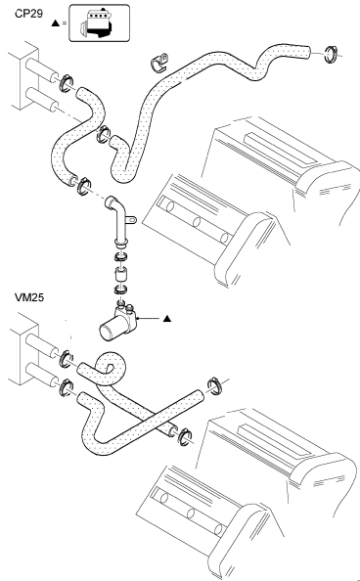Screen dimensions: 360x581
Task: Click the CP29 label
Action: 28,14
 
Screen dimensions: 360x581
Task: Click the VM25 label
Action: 29,297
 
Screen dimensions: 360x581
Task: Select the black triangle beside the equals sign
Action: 55,22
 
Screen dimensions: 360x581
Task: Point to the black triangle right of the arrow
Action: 167,318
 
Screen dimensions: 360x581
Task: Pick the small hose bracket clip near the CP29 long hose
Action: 159,63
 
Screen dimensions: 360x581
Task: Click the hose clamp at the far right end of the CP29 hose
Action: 331,54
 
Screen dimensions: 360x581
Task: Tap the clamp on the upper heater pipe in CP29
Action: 67,83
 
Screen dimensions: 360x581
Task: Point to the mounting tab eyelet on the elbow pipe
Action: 132,221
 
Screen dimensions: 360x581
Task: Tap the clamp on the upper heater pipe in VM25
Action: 67,359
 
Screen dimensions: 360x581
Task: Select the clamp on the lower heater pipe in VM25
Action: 66,388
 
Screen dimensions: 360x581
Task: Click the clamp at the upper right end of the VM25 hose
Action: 214,386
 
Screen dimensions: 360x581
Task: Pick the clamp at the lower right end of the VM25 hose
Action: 184,436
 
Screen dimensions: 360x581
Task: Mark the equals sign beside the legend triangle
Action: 65,22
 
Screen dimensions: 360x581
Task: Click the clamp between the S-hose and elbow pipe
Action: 84,187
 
